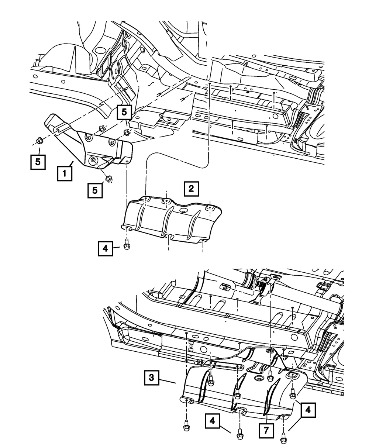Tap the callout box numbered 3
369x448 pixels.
[152, 378]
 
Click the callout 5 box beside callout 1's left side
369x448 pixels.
[38, 162]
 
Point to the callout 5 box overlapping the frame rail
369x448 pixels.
[124, 111]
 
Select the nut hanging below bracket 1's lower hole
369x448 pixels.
[108, 179]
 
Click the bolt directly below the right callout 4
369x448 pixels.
[284, 438]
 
